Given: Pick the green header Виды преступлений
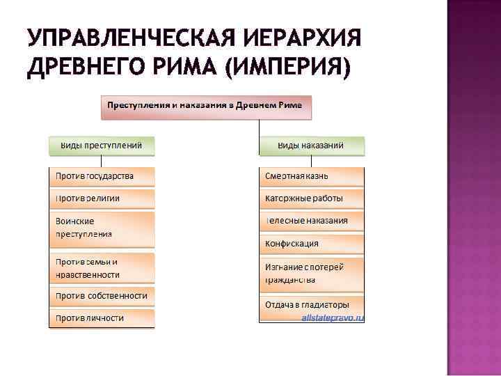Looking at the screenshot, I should [102, 146].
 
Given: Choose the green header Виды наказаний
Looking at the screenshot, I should [311, 146].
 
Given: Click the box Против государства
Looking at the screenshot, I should [102, 175].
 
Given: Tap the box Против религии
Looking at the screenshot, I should [102, 198].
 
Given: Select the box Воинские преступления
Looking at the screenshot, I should [102, 228].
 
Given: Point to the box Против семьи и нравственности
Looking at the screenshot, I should [102, 268].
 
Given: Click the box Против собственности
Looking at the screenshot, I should [102, 296].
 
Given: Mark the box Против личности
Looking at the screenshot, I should [102, 318].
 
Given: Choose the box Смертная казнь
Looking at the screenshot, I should [311, 175].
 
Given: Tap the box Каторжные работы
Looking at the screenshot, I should [311, 198].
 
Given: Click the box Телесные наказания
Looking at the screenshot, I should [311, 221].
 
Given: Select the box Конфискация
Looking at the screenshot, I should [311, 244].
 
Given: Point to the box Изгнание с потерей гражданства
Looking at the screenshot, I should [311, 273].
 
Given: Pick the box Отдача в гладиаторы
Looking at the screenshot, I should [311, 304].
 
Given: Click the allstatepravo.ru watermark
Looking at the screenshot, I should [333, 318].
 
